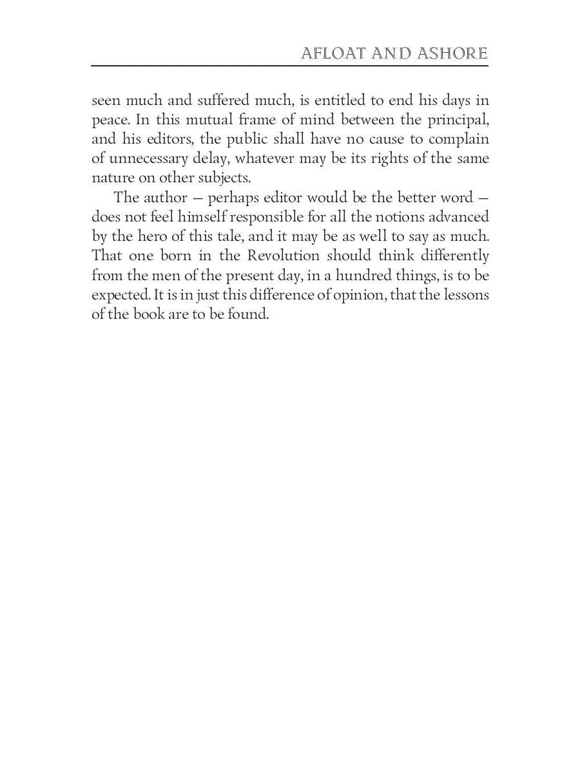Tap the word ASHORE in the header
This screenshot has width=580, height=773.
(x=452, y=53)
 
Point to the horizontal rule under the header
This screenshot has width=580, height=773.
(x=289, y=66)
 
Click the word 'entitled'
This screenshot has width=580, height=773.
(x=345, y=100)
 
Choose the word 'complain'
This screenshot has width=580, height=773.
(x=459, y=140)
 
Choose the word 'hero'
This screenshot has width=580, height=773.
(x=152, y=236)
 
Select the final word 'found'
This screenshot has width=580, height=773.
(x=247, y=313)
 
